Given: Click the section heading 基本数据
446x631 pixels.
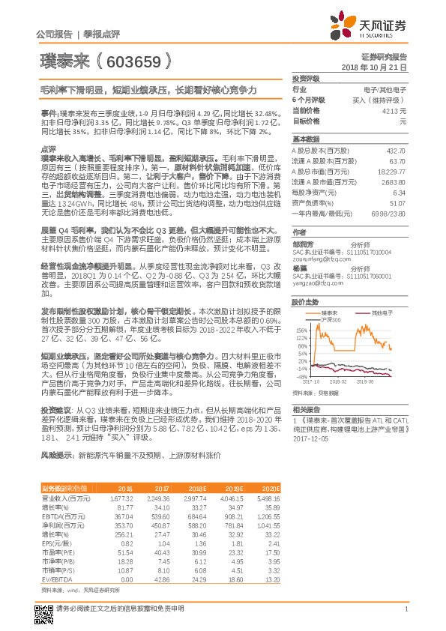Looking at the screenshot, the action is (305, 139).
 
